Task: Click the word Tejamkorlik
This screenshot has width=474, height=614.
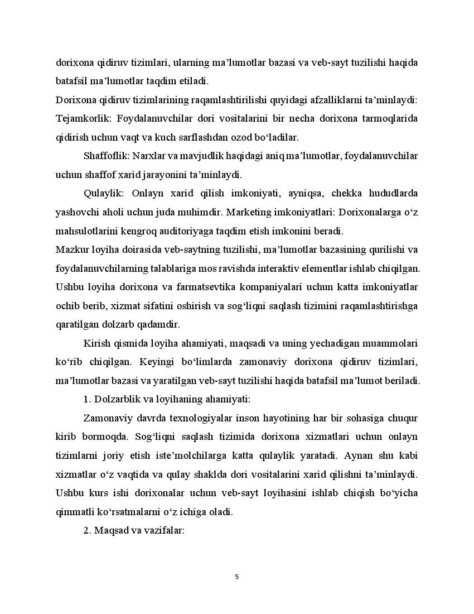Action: [79, 118]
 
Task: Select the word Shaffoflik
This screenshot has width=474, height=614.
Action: [105, 156]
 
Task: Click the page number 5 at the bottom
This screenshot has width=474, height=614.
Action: [237, 577]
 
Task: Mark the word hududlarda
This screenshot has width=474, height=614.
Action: [391, 193]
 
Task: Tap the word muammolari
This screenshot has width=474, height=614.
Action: [390, 343]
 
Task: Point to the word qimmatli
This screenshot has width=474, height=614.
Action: [75, 512]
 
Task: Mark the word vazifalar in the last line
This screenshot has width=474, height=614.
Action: [165, 531]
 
